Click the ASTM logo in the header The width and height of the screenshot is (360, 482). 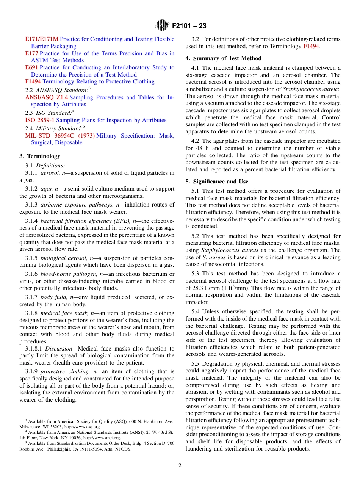pyautogui.click(x=162, y=26)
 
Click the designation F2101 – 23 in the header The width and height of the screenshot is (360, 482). pyautogui.click(x=189, y=26)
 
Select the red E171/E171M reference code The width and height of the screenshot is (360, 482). pyautogui.click(x=42, y=39)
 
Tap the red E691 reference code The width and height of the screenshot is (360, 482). pyautogui.click(x=31, y=67)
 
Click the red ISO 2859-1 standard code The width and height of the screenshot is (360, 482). pyautogui.click(x=40, y=120)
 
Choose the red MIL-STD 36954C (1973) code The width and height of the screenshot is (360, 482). pyautogui.click(x=60, y=136)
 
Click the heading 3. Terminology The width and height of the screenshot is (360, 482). pyautogui.click(x=40, y=156)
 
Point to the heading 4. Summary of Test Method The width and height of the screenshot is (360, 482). pyautogui.click(x=223, y=58)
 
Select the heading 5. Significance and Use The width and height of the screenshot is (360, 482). pyautogui.click(x=217, y=182)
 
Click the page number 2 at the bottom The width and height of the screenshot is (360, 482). pyautogui.click(x=180, y=466)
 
